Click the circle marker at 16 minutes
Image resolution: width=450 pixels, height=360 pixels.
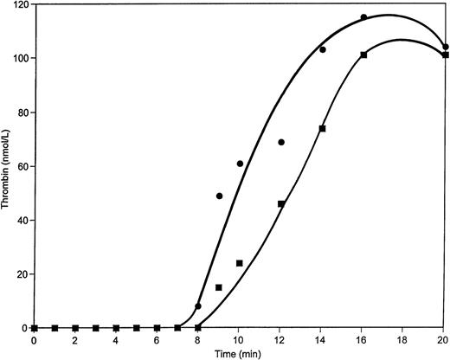coord(363,17)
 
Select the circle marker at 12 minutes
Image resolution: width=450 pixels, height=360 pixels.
coord(281,142)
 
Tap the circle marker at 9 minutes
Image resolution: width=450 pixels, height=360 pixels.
coord(219,196)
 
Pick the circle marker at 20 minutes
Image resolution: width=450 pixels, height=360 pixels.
coord(445,48)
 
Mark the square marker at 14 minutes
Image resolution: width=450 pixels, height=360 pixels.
coord(322,129)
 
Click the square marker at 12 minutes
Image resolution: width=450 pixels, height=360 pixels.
coord(281,204)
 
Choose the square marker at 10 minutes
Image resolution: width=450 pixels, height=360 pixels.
coord(240,263)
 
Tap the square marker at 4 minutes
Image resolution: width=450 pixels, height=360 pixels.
coord(116,328)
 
